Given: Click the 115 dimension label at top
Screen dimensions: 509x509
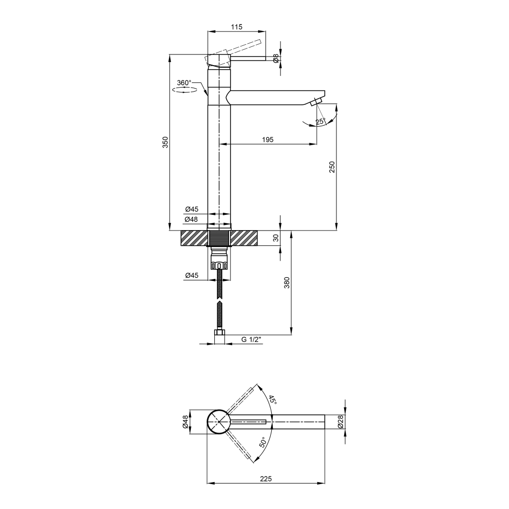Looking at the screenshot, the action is pos(237,27).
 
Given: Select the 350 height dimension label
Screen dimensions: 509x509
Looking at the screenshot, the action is pos(165,143).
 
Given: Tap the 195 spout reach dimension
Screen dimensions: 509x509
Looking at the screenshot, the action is pos(268,139).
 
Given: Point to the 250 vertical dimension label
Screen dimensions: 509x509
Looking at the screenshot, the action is pos(332,167).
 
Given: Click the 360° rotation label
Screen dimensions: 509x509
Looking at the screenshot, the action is pos(184,83).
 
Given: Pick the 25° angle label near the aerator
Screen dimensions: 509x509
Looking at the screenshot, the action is pos(320,122).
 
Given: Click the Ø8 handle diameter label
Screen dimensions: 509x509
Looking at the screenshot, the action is pos(276,59).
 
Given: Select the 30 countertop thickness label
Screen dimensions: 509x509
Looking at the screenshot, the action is pos(276,238).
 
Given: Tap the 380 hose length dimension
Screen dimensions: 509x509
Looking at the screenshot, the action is pos(287,282).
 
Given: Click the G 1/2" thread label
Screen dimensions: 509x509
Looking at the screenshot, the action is pos(251,340).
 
